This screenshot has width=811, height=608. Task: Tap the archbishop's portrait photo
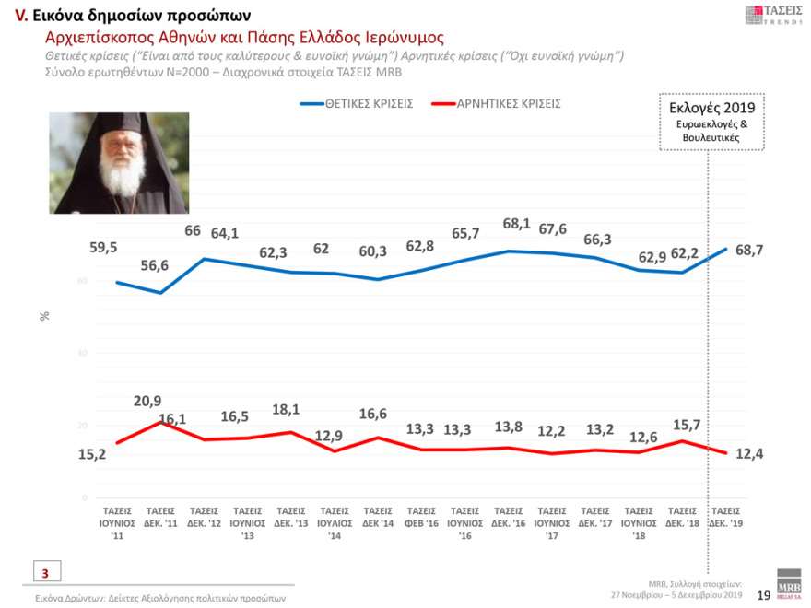point(119,163)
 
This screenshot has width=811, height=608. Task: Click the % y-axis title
point(44,316)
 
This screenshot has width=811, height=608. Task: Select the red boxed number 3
point(44,573)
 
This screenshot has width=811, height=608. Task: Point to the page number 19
point(763,596)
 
